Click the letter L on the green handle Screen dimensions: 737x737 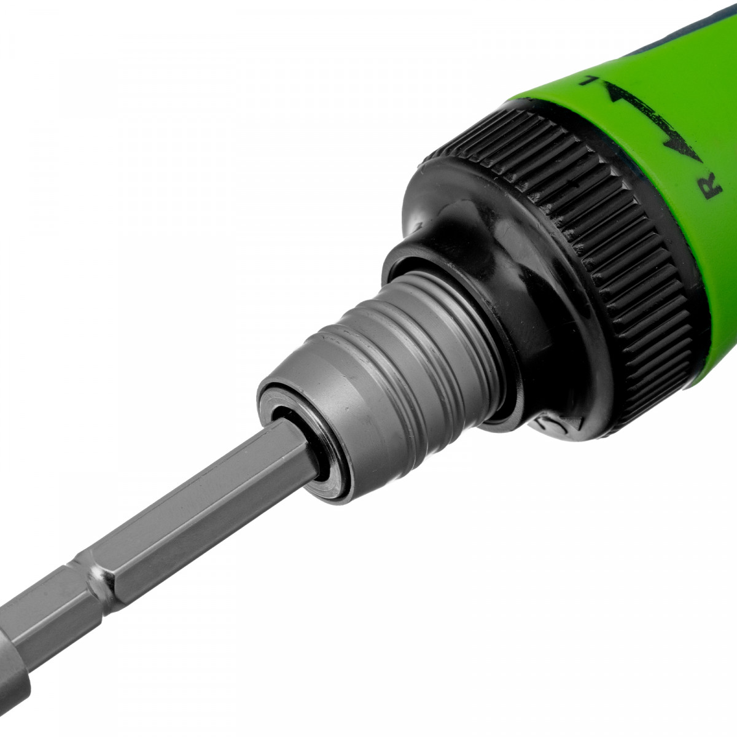(590, 80)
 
